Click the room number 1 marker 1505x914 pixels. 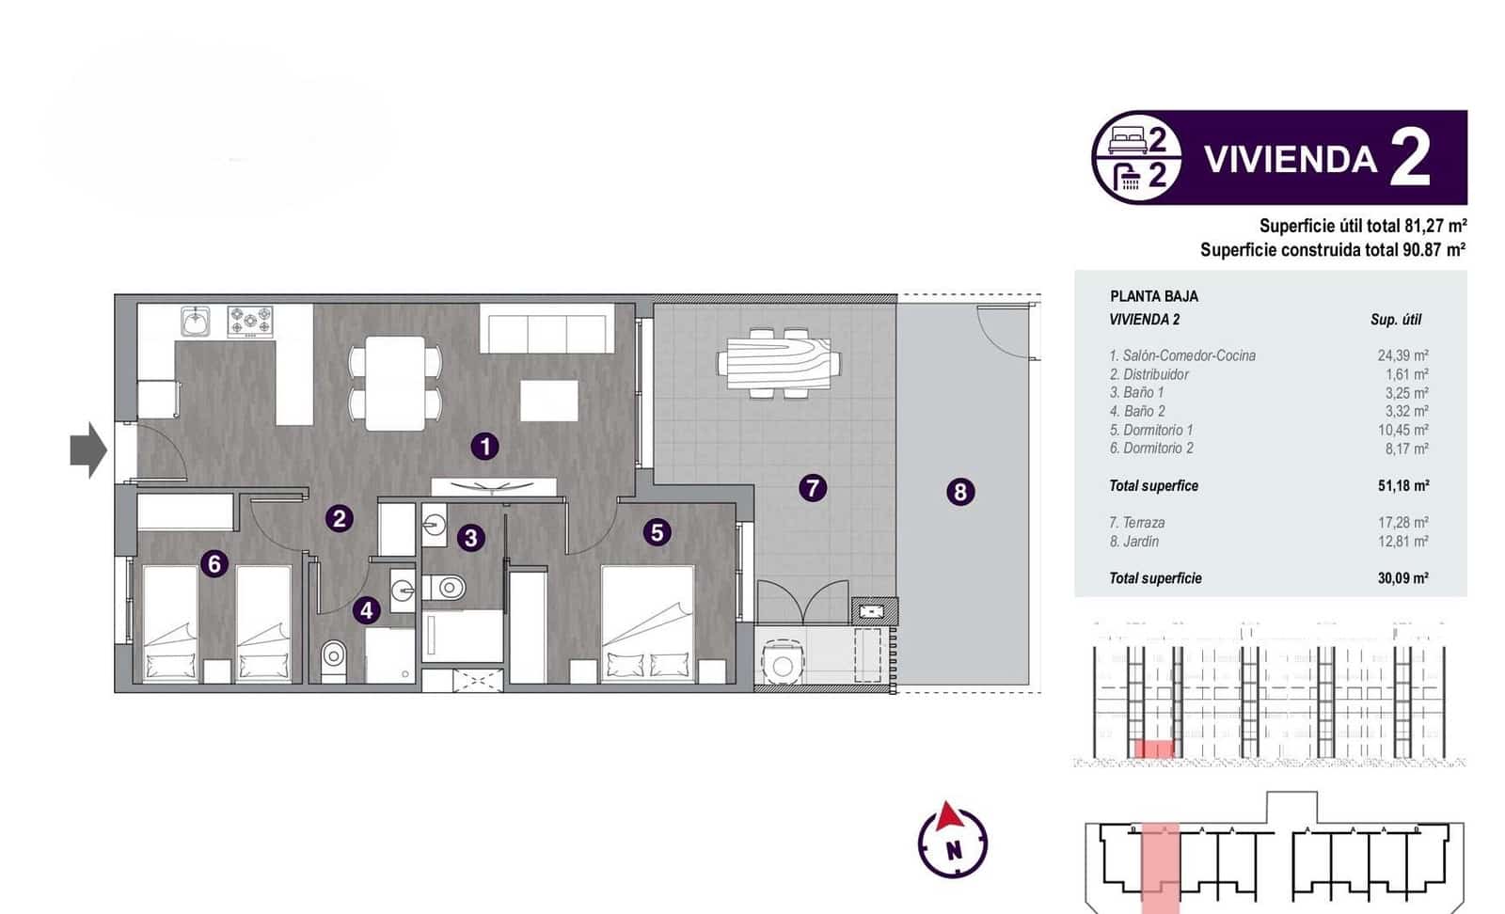[x=484, y=446]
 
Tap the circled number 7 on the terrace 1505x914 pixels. [x=813, y=488]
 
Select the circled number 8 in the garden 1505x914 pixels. [x=959, y=492]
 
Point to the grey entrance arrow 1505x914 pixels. [x=88, y=450]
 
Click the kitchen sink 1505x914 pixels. [x=196, y=323]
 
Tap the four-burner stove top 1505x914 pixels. [x=250, y=322]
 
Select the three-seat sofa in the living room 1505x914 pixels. [x=547, y=329]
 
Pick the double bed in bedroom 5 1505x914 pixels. [x=648, y=623]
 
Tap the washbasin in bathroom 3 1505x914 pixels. [x=434, y=524]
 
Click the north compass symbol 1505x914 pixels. [x=953, y=840]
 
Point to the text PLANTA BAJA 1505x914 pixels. [x=1154, y=296]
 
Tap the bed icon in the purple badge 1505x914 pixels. [x=1126, y=141]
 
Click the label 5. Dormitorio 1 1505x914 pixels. [x=1151, y=430]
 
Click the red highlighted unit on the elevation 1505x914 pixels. [x=1155, y=749]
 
